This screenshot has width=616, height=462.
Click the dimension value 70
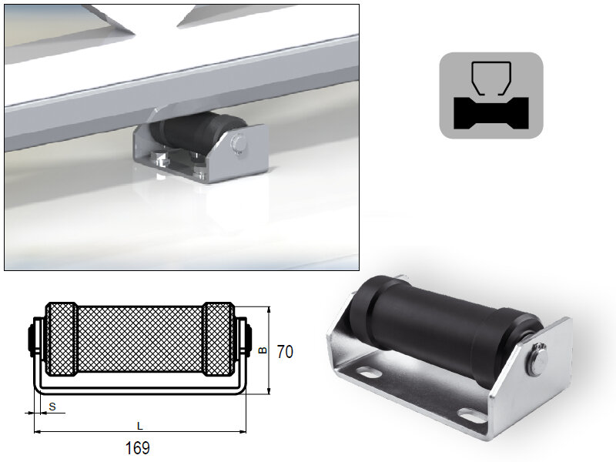tap(285, 352)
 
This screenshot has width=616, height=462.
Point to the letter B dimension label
tap(263, 350)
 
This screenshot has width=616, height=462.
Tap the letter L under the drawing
tap(139, 424)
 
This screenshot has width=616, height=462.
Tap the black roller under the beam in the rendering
tap(192, 136)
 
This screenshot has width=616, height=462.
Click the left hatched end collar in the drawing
tap(62, 339)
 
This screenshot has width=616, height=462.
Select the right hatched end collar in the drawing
tap(219, 339)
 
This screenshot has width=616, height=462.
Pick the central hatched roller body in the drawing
tap(140, 339)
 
